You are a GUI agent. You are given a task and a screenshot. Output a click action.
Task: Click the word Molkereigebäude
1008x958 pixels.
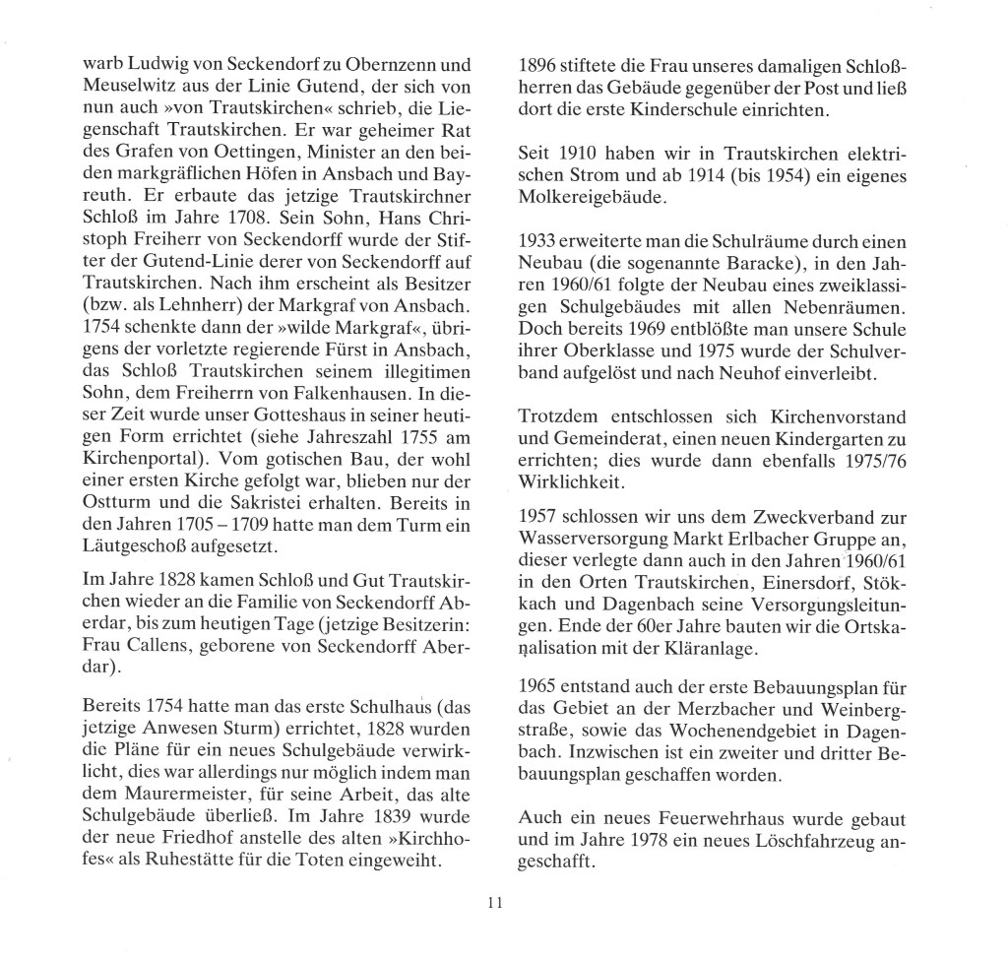click(591, 198)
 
